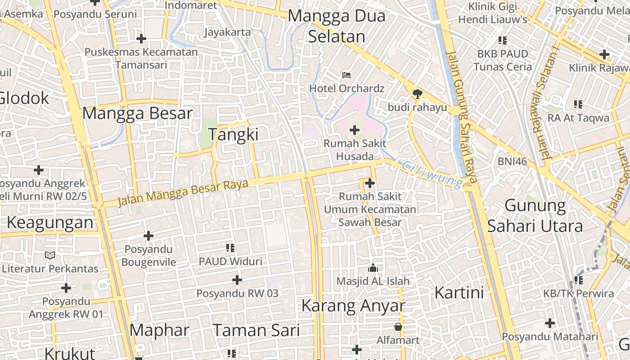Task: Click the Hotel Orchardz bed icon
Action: click(346, 75)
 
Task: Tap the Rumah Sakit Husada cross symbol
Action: click(355, 130)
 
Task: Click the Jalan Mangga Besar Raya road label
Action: click(183, 193)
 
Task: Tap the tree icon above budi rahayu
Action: click(417, 94)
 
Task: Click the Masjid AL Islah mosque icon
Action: click(373, 268)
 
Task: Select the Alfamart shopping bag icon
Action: click(398, 326)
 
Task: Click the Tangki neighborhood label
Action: click(233, 135)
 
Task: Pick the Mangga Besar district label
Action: click(137, 113)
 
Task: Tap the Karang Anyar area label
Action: click(353, 306)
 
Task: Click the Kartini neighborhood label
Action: click(459, 292)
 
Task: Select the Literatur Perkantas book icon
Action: click(50, 255)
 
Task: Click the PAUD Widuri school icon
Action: click(230, 247)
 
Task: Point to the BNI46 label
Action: click(512, 161)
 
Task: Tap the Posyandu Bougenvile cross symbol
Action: click(148, 236)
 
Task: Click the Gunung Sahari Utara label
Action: click(535, 216)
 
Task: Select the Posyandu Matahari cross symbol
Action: click(549, 323)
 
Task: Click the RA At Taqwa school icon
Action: click(578, 104)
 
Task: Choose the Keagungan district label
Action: click(50, 222)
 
